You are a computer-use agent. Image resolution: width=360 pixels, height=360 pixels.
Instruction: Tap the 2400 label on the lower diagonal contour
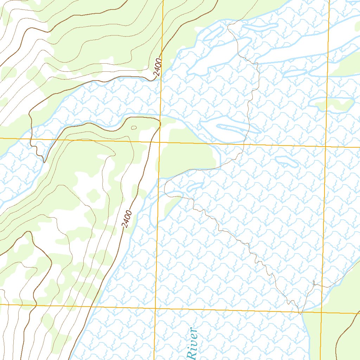127,219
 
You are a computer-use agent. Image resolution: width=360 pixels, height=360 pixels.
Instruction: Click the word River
192,344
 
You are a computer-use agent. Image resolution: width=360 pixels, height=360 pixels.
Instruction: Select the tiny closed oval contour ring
134,128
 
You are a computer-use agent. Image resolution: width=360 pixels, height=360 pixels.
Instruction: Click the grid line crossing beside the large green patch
159,142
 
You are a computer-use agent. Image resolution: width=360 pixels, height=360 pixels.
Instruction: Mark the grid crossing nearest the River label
155,308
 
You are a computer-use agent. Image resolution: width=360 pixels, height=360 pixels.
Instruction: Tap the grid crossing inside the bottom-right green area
321,312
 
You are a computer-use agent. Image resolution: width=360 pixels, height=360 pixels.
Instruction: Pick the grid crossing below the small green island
326,147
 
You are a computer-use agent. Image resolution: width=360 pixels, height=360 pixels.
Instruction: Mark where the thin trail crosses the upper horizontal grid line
244,144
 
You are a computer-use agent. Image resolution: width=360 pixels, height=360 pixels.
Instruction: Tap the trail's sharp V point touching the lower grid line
300,312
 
